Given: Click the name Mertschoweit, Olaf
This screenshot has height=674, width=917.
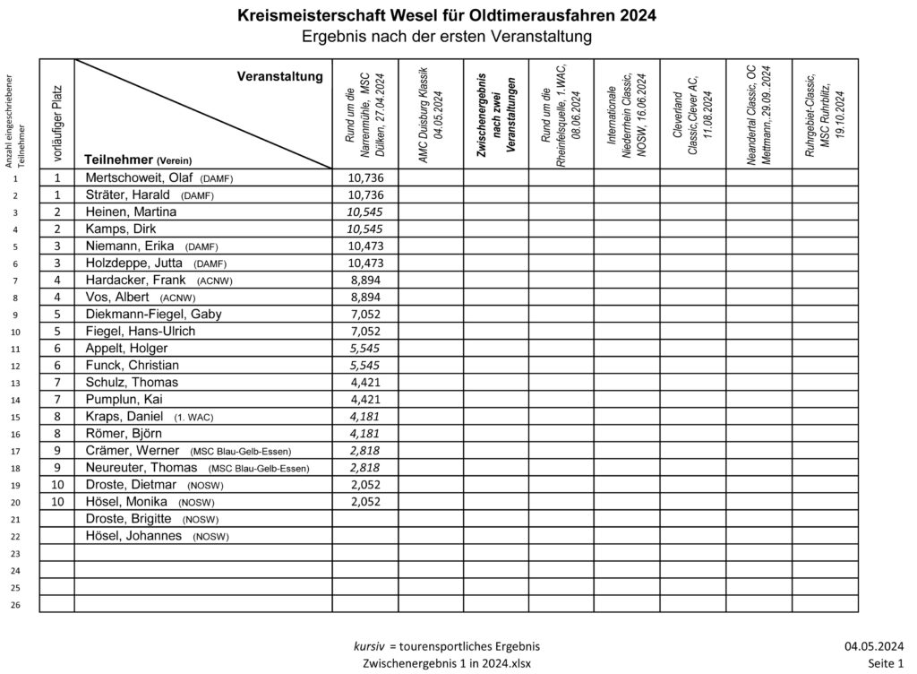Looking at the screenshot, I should tap(140, 178).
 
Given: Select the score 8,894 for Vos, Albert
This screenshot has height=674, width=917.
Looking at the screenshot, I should tap(364, 297).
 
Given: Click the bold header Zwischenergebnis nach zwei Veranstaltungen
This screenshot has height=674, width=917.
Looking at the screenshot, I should tap(495, 113).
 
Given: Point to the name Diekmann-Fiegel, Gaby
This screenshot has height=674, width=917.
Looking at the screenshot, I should tap(153, 314).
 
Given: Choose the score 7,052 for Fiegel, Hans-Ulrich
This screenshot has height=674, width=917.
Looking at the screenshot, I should tap(364, 331).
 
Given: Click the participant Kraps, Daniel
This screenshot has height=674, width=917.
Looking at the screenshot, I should tap(124, 417).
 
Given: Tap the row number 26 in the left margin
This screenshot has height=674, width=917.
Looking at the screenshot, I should tap(15, 605).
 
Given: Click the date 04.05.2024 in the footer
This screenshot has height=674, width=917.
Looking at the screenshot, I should tap(873, 646).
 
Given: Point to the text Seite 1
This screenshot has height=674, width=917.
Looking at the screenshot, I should tap(886, 663).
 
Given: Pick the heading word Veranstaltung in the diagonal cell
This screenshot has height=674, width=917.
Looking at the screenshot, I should tap(279, 77).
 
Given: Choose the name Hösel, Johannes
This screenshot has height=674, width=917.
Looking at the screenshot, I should tap(133, 536).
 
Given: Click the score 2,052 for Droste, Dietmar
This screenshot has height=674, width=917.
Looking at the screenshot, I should tap(364, 485).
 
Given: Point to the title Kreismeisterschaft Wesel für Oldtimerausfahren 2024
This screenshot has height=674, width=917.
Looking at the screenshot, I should tap(446, 15).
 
